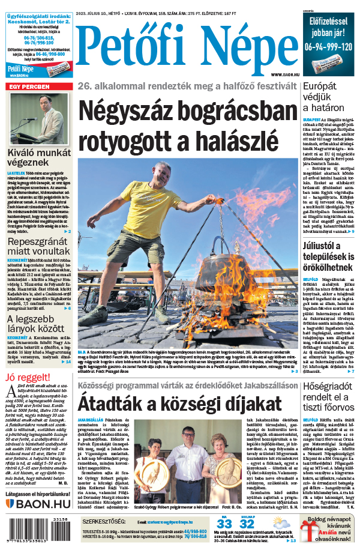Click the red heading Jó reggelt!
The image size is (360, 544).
pos(26,378)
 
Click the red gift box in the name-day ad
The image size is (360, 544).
pos(311,531)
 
